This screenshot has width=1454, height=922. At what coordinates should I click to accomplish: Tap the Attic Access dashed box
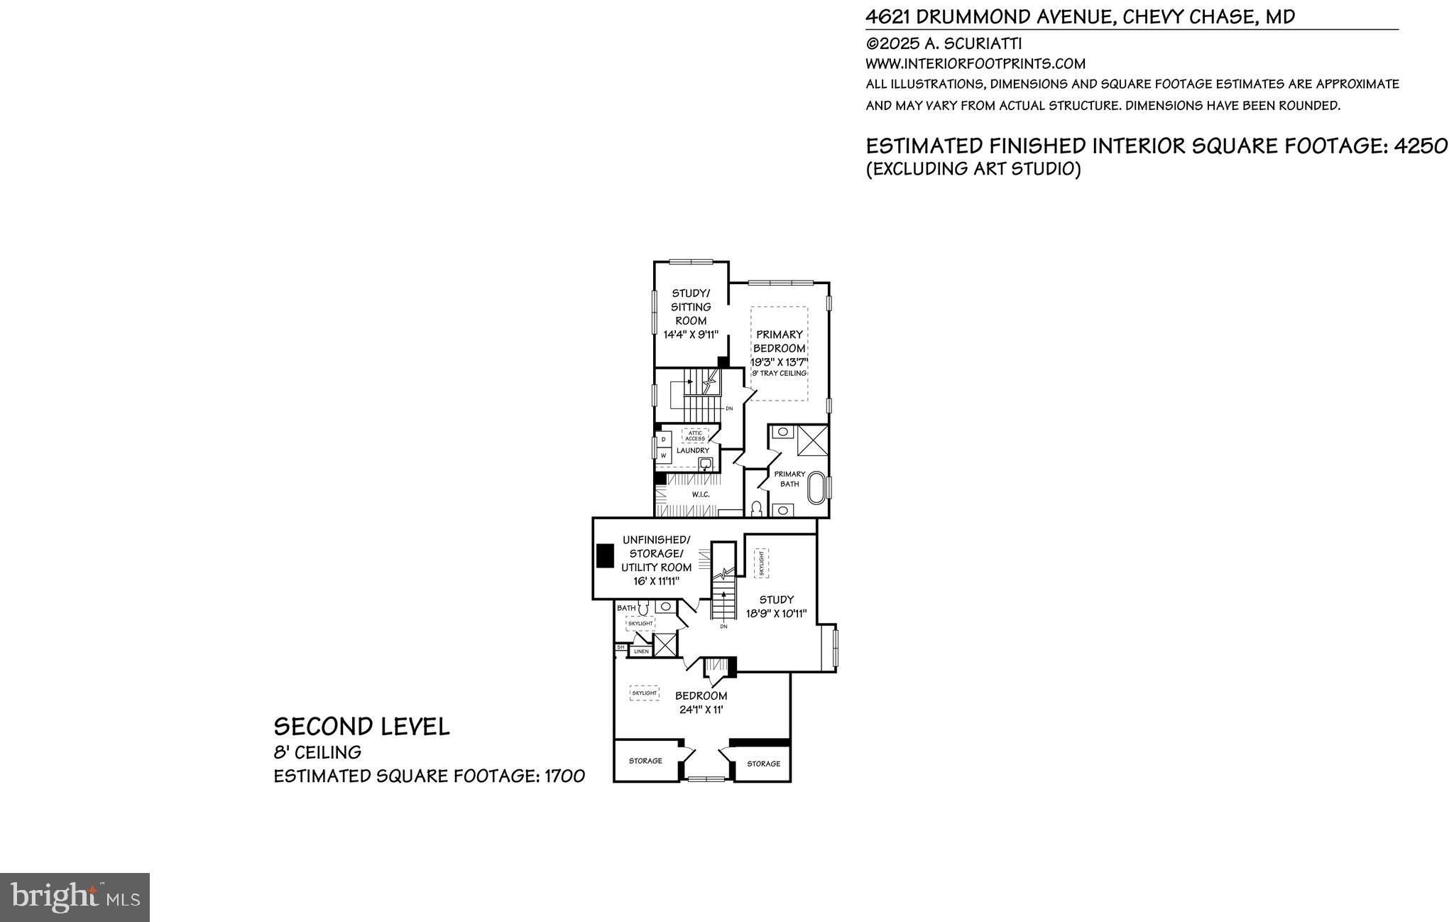click(x=695, y=436)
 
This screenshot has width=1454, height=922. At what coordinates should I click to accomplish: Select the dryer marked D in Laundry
click(x=663, y=440)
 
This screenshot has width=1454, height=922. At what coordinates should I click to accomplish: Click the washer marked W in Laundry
click(x=663, y=455)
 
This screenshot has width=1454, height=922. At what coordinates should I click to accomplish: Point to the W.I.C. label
click(x=700, y=494)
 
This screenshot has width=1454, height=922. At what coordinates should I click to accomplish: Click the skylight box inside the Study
click(x=761, y=563)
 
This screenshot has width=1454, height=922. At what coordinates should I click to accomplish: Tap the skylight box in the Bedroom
click(x=645, y=693)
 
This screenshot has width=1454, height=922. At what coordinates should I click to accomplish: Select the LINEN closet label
click(x=641, y=651)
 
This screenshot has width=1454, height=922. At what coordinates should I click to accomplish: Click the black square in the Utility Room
click(x=605, y=555)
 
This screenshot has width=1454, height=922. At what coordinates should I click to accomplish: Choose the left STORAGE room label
click(x=645, y=761)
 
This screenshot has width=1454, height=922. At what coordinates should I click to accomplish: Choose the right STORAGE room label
click(x=763, y=764)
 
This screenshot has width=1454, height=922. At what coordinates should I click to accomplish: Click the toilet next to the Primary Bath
click(x=756, y=509)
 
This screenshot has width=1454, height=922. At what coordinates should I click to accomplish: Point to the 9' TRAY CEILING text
click(x=779, y=374)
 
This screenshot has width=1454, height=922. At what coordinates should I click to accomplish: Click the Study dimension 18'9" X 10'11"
click(x=776, y=614)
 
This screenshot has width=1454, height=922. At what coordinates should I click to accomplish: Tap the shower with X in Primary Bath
click(x=812, y=440)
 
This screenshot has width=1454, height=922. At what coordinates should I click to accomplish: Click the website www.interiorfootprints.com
click(x=975, y=64)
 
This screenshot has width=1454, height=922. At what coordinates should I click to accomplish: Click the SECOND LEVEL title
click(x=361, y=727)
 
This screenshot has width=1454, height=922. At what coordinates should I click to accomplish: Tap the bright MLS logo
click(x=75, y=897)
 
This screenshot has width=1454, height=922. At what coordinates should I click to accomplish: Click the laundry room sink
click(x=706, y=465)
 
